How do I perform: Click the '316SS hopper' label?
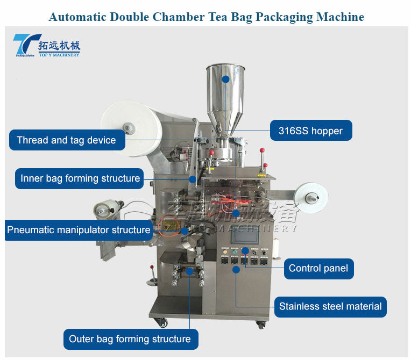point(311,131)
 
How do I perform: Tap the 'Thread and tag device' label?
point(66,140)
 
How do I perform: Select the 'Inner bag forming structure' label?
point(80,178)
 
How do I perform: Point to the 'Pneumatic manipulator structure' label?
point(79,230)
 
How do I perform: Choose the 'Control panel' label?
point(318,268)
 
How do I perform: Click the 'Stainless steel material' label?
point(330,307)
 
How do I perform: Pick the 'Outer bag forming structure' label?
point(130,339)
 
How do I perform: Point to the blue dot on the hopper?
point(226,79)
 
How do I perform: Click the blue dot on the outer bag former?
point(189,271)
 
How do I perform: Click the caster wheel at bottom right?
point(261,325)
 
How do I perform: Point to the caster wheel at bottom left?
point(161,323)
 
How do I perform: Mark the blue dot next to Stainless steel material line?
point(236,269)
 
